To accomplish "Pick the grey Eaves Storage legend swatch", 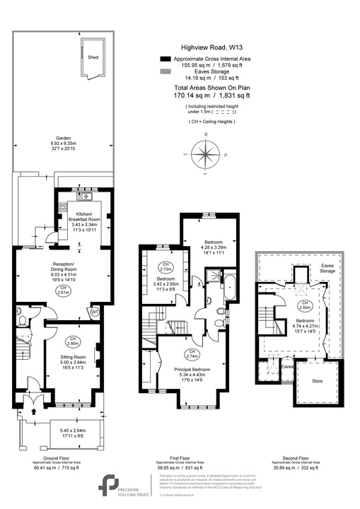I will (166, 75).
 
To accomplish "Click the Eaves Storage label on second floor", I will (327, 268).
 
